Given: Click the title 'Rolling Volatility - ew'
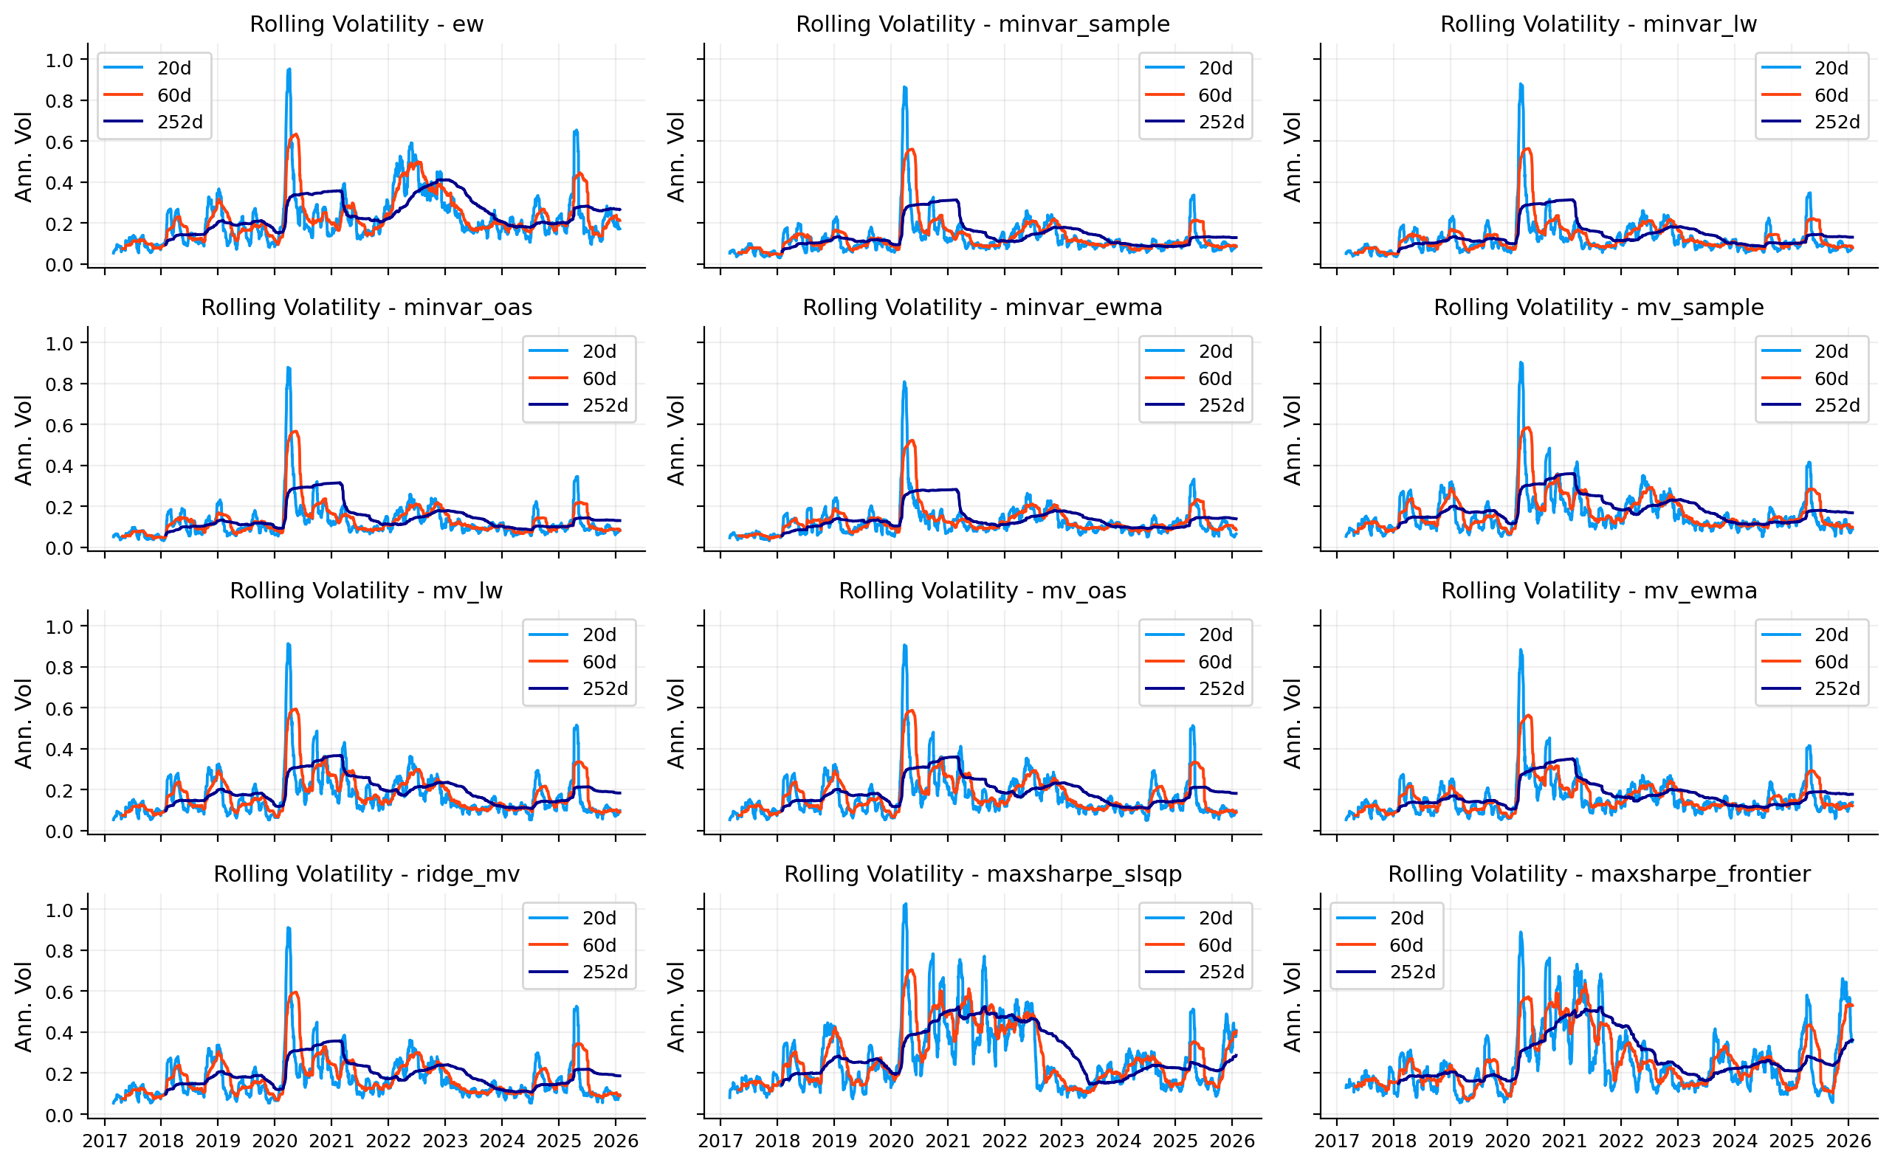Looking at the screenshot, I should click(366, 24).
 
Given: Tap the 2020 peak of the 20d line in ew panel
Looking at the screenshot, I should click(289, 69).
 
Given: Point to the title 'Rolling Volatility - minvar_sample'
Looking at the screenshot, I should click(983, 24).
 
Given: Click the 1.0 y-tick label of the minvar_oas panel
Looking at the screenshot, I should click(59, 344).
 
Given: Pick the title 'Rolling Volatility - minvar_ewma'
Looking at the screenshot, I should click(983, 308).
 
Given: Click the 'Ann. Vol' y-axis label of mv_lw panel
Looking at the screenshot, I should click(24, 724).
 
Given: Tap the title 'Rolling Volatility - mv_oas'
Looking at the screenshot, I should click(983, 591).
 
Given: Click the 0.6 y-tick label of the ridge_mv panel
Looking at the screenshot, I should click(59, 992).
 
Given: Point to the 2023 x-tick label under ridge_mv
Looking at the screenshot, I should click(444, 1141).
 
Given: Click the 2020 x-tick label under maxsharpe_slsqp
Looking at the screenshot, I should click(891, 1141).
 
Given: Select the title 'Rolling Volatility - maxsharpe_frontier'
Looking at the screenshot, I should click(1599, 874).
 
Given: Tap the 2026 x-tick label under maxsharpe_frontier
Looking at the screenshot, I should click(1848, 1141).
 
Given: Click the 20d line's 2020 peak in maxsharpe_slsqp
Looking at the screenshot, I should click(906, 905).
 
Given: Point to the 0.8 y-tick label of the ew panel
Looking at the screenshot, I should click(59, 101).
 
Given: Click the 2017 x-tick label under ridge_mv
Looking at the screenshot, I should click(105, 1141).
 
